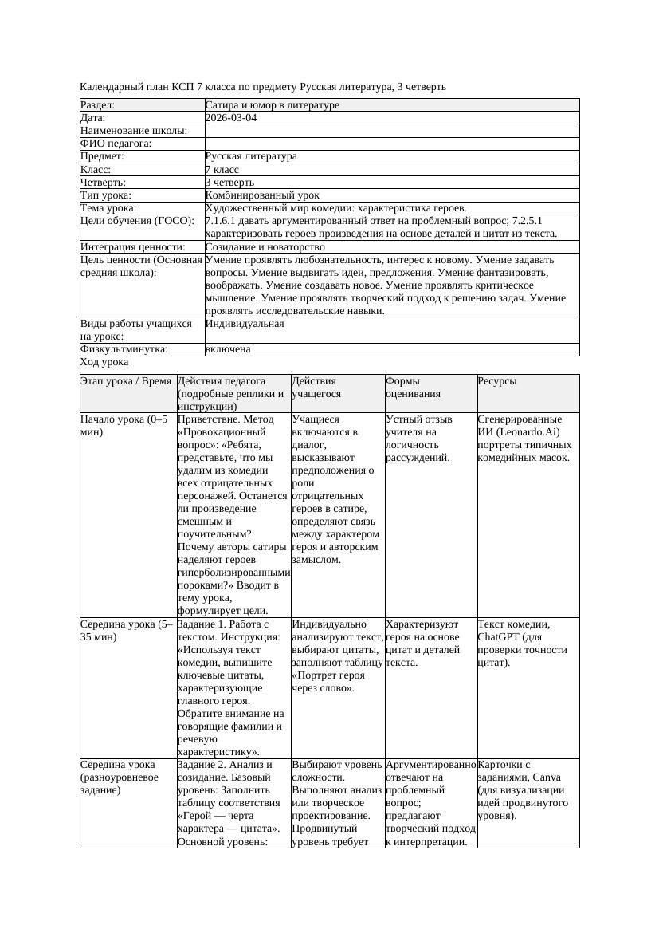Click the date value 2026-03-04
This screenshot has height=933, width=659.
230,118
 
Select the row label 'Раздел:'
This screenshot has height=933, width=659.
98,105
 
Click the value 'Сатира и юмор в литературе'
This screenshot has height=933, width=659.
272,105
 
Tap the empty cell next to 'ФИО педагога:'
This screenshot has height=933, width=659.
391,144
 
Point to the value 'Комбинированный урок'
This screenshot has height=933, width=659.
262,195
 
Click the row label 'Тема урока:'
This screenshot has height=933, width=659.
108,208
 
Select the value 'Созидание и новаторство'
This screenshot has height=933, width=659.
265,247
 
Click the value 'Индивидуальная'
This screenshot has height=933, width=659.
244,325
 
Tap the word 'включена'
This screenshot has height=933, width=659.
228,349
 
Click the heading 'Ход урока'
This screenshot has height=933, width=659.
104,362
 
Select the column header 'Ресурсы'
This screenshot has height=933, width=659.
497,381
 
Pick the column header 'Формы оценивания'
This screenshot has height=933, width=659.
411,388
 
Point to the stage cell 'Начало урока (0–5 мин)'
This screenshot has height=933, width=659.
124,426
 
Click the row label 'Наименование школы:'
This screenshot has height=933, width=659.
134,131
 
